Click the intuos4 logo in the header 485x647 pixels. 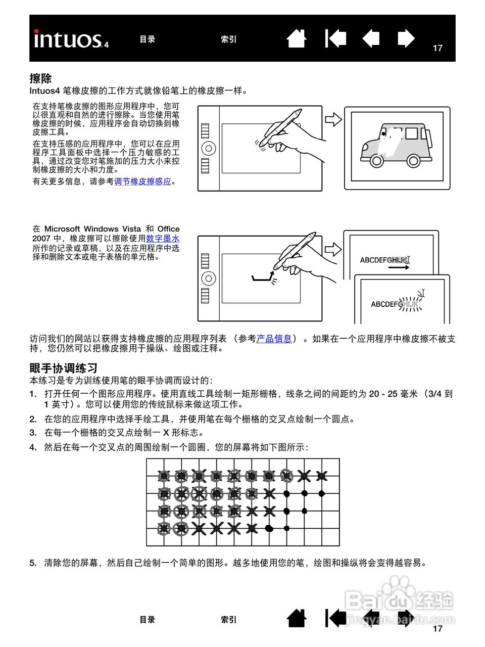[71, 39]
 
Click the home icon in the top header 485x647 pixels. [297, 39]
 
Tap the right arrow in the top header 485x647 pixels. [406, 39]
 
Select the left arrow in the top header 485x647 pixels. [371, 39]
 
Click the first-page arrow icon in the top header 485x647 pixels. [335, 39]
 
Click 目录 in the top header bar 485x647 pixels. [148, 39]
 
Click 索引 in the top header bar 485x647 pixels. [228, 39]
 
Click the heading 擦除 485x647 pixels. [40, 78]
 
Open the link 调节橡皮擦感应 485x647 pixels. [142, 181]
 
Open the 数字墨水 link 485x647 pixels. [163, 238]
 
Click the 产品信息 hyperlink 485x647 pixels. [274, 339]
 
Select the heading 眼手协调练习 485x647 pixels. [63, 368]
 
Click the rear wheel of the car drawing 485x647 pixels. [413, 161]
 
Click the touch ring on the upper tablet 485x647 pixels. [208, 148]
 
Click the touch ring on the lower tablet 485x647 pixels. [208, 278]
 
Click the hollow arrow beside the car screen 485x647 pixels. [333, 119]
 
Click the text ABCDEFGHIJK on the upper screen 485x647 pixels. [383, 260]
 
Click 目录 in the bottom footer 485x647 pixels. [148, 620]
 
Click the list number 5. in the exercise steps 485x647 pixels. [33, 563]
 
